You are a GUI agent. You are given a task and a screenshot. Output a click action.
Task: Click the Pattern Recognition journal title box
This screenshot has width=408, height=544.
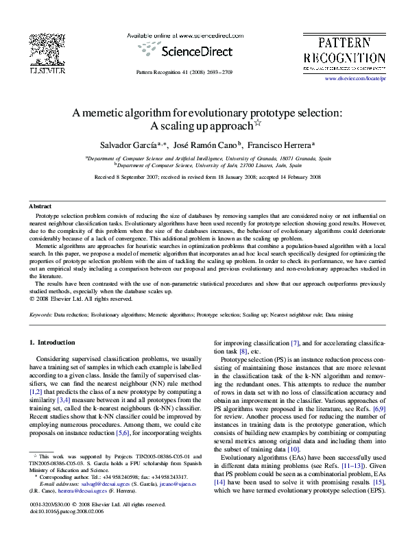pos(344,51)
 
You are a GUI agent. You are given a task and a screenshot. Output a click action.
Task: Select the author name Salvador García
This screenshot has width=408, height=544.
pos(127,145)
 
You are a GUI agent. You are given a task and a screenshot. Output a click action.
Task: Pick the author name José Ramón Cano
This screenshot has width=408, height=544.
pos(206,145)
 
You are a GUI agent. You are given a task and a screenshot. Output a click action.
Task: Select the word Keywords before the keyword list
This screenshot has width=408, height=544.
pos(41,314)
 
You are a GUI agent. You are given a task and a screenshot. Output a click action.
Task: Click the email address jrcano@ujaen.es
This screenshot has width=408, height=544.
pos(178,482)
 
